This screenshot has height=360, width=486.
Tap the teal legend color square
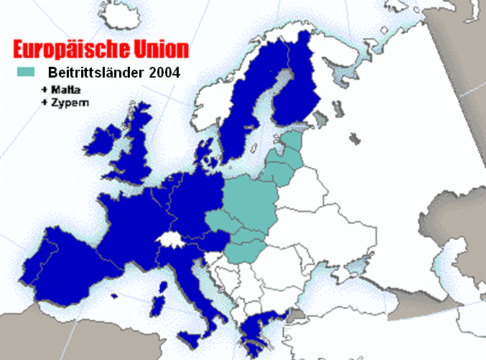click(26, 72)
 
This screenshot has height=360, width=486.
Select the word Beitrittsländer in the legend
click(95, 73)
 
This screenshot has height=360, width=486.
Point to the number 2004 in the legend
click(163, 73)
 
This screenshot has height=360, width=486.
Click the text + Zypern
click(65, 102)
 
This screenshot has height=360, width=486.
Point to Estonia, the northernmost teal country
click(292, 142)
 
